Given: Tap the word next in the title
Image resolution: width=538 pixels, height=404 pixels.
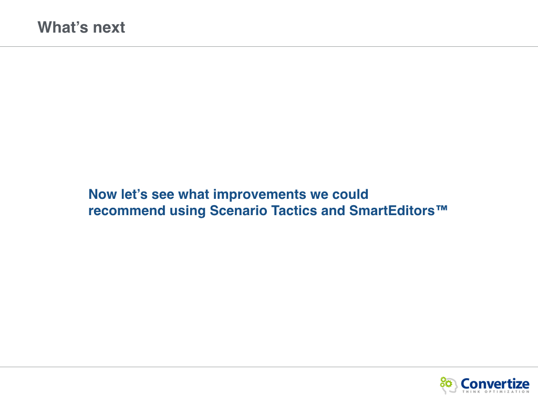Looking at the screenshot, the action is pos(109,28).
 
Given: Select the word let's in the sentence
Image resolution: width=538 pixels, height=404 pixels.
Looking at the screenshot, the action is pos(134,195).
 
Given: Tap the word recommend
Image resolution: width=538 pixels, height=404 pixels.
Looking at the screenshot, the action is pos(127,211).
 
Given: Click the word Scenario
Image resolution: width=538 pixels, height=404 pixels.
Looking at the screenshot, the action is pos(239,211).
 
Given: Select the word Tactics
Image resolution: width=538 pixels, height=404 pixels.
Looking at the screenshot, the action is pos(294,211).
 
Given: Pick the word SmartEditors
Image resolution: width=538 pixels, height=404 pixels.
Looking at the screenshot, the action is pos(392,211).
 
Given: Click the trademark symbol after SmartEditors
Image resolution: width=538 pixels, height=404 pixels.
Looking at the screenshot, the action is pos(442,208).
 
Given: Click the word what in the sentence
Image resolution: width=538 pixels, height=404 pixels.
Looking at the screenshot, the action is pos(194,195).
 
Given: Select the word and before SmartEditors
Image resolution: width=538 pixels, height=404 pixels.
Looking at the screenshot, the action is pos(333,211).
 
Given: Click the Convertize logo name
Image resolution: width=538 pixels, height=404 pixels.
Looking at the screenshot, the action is pos(495,383).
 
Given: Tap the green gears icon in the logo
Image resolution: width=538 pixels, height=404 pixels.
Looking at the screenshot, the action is pos(446,382).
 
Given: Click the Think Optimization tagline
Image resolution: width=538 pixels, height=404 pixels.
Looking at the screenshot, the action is pos(496,391).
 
